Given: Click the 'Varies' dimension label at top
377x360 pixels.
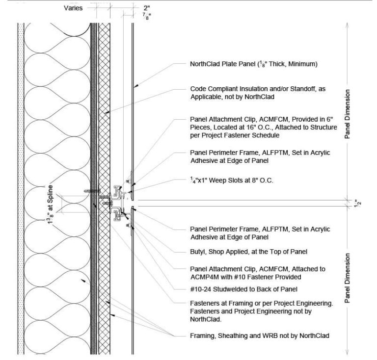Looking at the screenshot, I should (74, 8).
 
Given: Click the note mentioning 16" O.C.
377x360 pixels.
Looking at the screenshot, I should (263, 127).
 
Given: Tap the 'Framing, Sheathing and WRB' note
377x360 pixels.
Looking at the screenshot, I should (259, 335).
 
